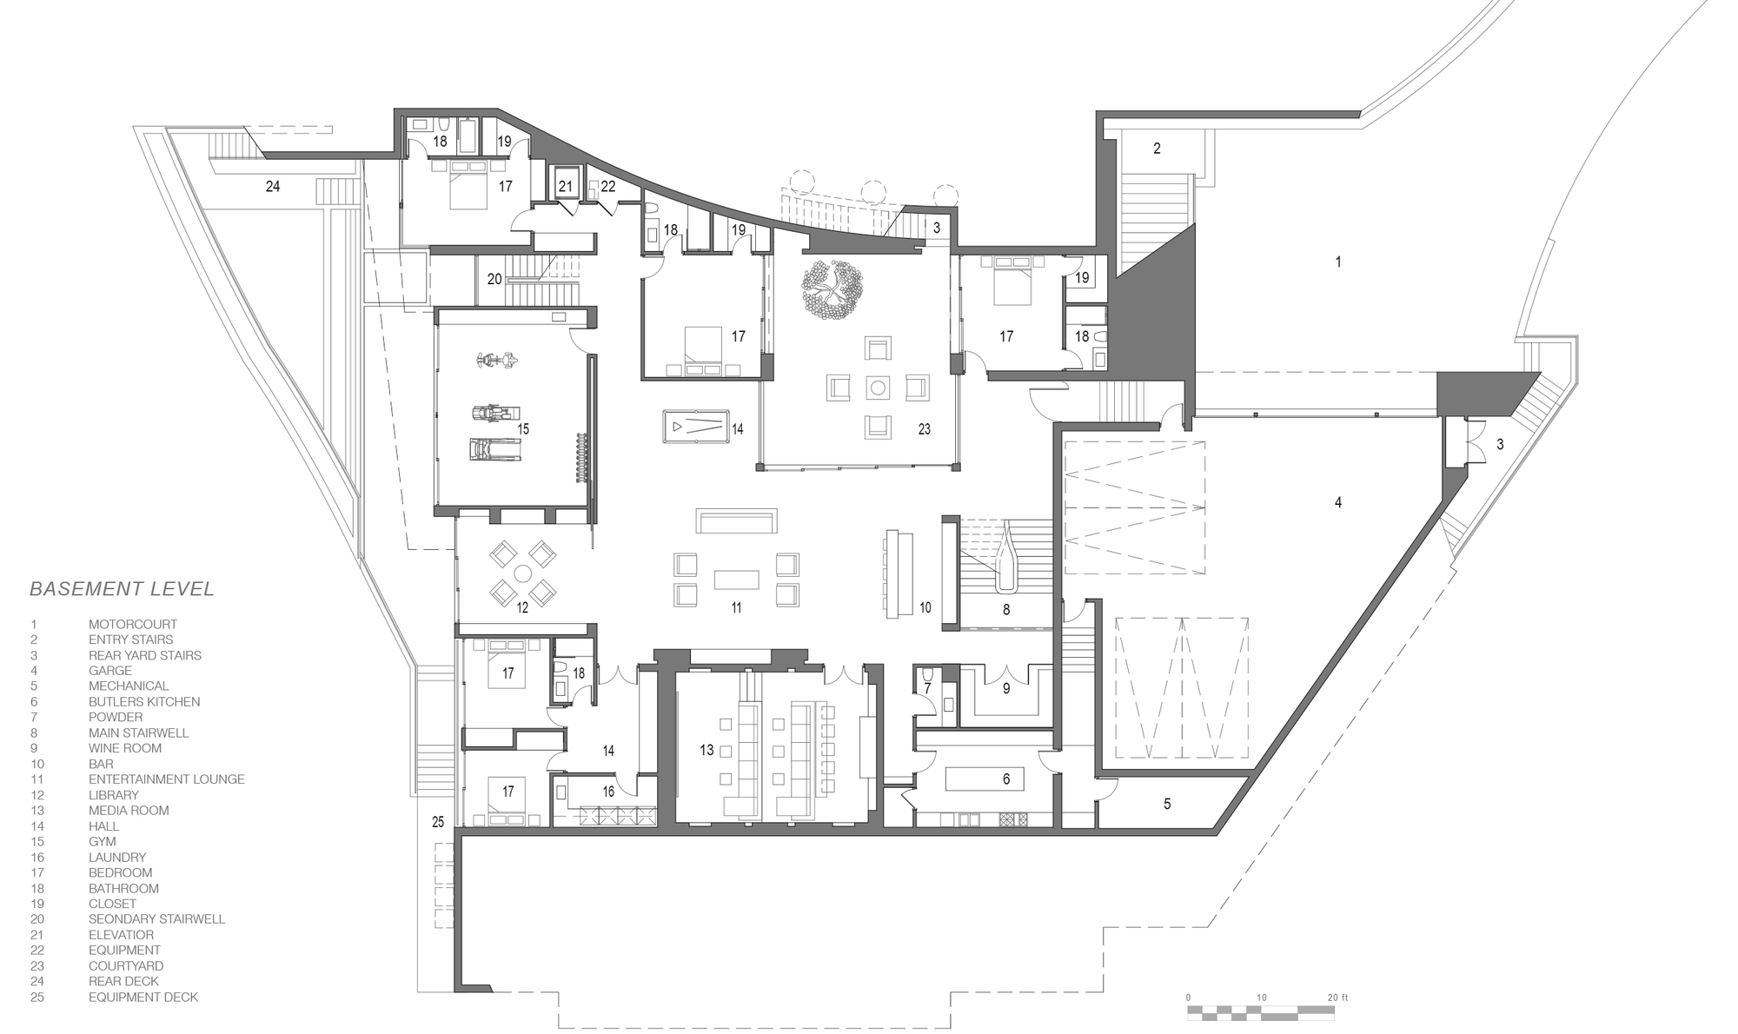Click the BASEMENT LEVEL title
(x=122, y=589)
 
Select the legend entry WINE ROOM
(x=125, y=748)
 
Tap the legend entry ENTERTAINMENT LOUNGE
(x=167, y=779)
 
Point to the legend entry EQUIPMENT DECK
(x=143, y=998)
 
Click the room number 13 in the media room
(x=706, y=750)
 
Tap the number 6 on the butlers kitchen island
(x=1006, y=779)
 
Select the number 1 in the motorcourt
(x=1338, y=262)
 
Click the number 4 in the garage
(x=1338, y=502)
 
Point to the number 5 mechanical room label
(x=1167, y=805)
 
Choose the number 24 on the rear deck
(x=273, y=187)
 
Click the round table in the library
(x=522, y=573)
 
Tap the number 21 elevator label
(x=566, y=187)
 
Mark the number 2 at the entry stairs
(x=1157, y=149)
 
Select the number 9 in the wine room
(x=1006, y=689)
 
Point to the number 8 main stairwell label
(x=1006, y=610)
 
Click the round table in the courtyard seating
(x=878, y=388)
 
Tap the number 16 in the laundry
(x=608, y=791)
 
